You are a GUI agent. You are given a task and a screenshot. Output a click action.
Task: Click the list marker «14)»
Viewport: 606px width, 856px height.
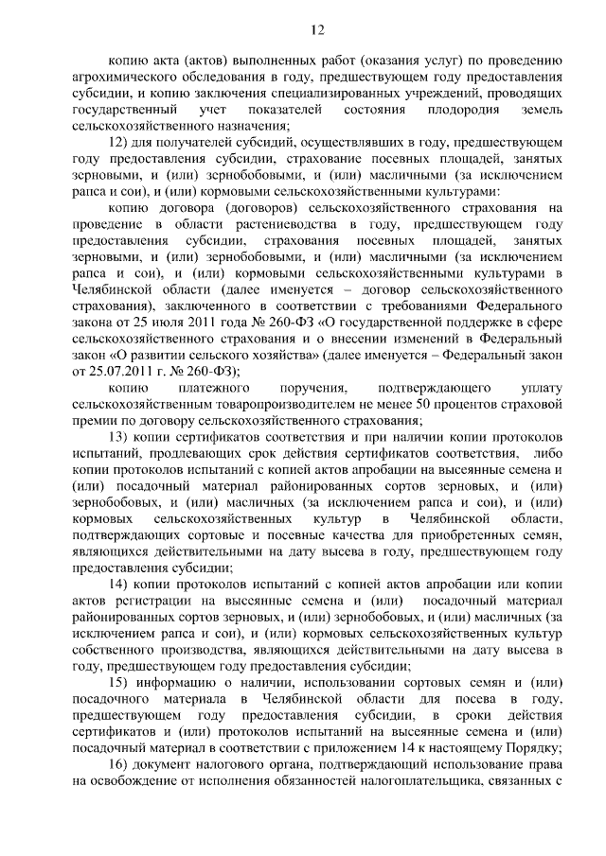(x=121, y=586)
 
